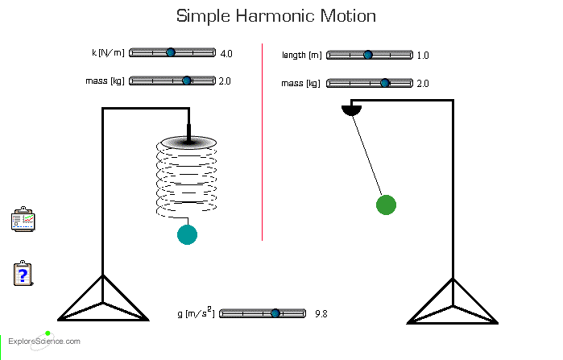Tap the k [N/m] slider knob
[x=171, y=53]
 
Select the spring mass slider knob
[x=187, y=81]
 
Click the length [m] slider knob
[x=368, y=55]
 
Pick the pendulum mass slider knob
[x=385, y=83]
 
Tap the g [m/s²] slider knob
[x=275, y=312]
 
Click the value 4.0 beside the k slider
[x=226, y=54]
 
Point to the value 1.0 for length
[x=423, y=56]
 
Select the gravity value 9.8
[x=321, y=313]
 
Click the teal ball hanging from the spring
[x=187, y=234]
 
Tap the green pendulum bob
[x=387, y=205]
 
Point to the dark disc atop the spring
[x=188, y=143]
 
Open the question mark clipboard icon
[x=23, y=274]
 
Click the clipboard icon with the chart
[x=22, y=221]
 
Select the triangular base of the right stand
[x=452, y=304]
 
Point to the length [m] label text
[x=301, y=56]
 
